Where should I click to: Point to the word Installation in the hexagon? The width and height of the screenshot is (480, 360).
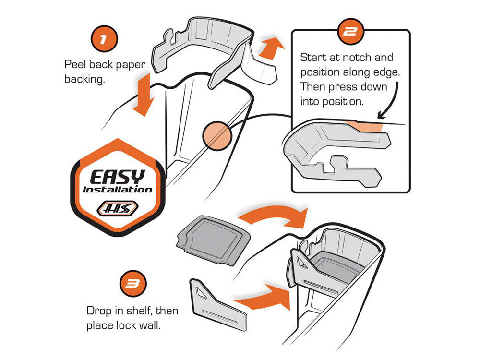(118, 189)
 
